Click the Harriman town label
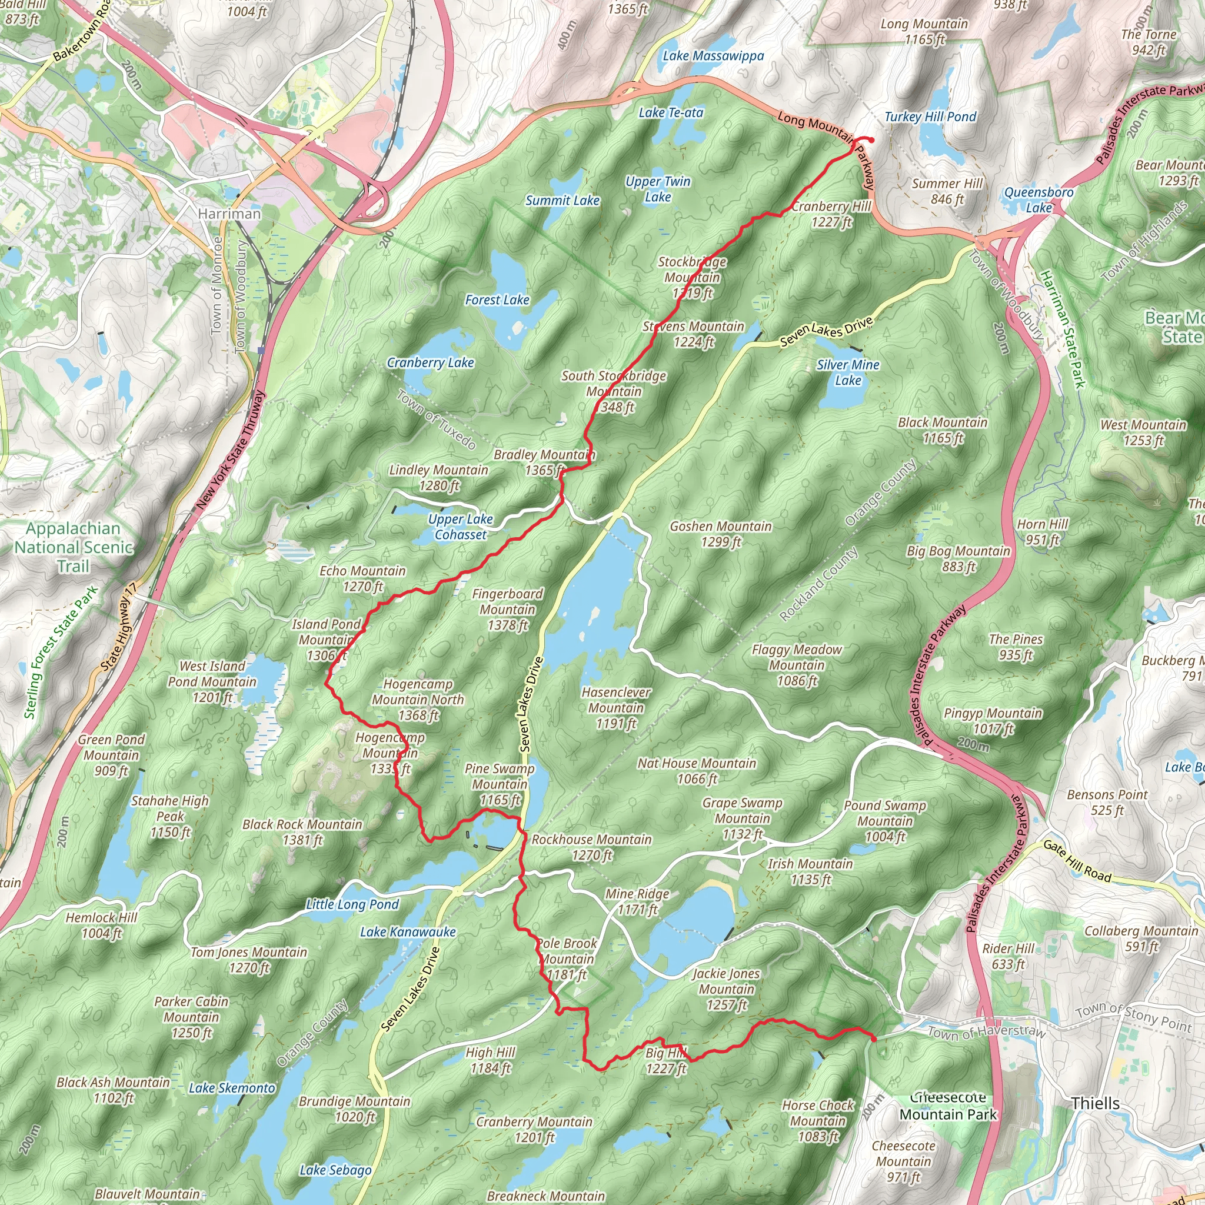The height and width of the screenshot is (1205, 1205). (x=229, y=214)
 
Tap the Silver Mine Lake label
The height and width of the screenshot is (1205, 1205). (x=848, y=372)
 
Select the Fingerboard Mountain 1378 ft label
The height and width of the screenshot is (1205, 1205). (x=507, y=610)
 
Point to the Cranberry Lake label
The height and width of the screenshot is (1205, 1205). (x=430, y=363)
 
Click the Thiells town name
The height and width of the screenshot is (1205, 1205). (x=1095, y=1103)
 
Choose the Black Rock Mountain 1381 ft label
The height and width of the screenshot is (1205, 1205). (x=302, y=832)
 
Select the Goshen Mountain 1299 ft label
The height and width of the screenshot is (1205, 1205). (x=720, y=534)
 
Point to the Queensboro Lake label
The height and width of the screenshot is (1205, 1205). (x=1038, y=199)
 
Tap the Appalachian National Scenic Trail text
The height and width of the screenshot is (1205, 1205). (x=74, y=547)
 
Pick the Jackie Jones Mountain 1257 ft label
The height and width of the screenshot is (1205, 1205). (x=726, y=988)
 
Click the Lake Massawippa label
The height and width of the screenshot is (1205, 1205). (x=713, y=56)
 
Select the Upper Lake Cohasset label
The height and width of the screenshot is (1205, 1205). (x=460, y=527)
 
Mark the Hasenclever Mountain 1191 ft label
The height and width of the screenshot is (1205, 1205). (x=615, y=707)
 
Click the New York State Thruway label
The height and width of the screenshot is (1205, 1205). (x=231, y=450)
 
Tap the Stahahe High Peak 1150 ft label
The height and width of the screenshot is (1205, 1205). (x=169, y=817)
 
